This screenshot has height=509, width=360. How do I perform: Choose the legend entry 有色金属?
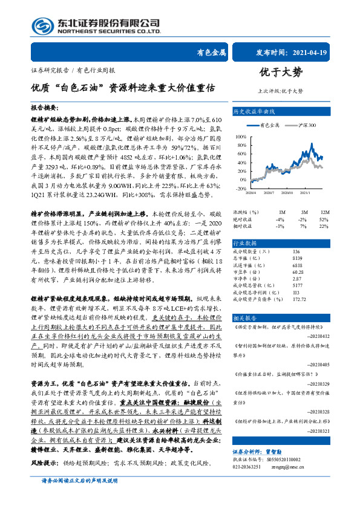click(270, 125)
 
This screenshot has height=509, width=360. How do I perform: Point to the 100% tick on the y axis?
click(241, 137)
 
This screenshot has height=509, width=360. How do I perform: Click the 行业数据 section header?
click(245, 242)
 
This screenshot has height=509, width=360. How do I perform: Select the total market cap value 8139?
click(296, 258)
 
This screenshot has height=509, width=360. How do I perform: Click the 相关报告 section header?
click(245, 317)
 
